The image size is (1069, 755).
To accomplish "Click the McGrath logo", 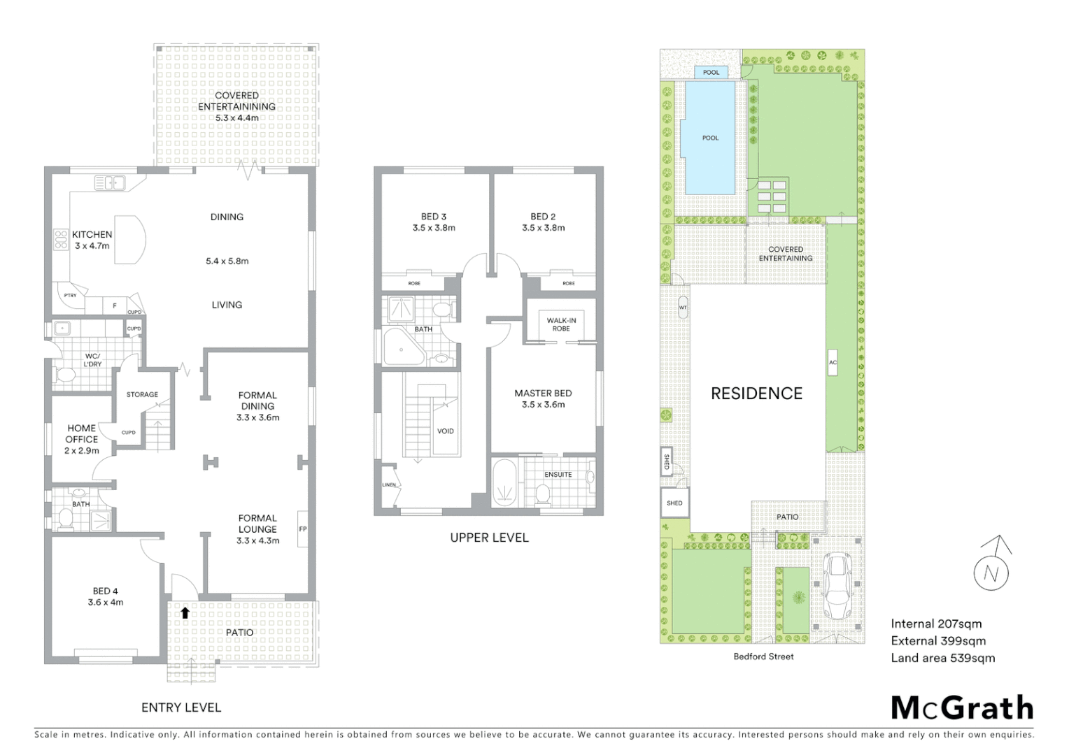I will [x=962, y=707].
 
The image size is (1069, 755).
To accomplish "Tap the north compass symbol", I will [x=991, y=568].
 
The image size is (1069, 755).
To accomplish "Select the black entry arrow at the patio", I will [x=185, y=613].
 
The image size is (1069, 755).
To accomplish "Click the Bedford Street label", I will [x=763, y=656].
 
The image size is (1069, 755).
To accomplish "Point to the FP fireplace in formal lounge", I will [x=303, y=529].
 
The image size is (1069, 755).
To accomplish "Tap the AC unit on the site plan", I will [x=833, y=362].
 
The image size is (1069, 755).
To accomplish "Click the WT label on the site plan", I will [x=683, y=308].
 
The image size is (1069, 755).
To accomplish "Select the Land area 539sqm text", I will [x=942, y=658].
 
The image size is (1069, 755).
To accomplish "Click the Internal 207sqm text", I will [x=936, y=624].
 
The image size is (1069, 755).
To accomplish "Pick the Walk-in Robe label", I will [x=561, y=324].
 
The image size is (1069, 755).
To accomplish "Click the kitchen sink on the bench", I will [x=109, y=183].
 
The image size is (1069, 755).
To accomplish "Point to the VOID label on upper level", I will [x=445, y=431].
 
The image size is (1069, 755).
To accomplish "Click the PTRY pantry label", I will [x=70, y=296].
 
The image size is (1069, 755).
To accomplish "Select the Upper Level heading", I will [x=489, y=538].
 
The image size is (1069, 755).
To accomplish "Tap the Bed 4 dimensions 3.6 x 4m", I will [x=106, y=602].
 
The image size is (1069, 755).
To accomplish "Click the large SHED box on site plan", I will [x=674, y=503].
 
